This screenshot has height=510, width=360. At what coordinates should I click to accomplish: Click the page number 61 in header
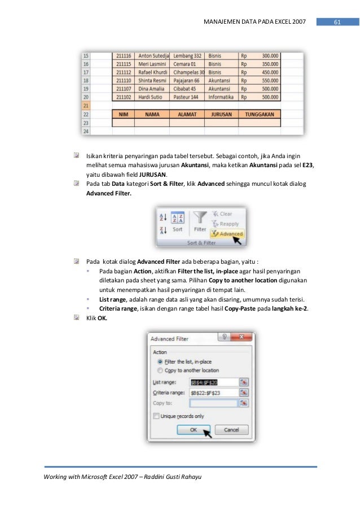(x=337, y=22)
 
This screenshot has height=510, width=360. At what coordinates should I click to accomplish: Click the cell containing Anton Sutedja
(x=154, y=56)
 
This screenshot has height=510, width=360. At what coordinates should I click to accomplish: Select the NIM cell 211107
(x=124, y=89)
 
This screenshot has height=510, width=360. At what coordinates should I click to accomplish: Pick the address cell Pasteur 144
(x=188, y=97)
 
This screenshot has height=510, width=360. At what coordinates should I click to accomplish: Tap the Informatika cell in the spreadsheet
(x=222, y=97)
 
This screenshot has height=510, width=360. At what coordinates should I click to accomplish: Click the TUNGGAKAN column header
(x=259, y=114)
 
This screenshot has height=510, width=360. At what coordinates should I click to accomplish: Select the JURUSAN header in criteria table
(x=222, y=114)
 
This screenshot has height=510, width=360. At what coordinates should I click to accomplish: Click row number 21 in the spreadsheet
(x=86, y=105)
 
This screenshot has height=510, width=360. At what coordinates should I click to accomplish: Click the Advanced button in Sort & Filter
(x=227, y=233)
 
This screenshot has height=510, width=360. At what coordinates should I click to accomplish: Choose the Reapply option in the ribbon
(x=225, y=224)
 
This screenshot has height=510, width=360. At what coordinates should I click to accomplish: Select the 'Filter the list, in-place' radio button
(x=161, y=361)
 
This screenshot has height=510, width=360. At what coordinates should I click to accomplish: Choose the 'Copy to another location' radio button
(x=161, y=370)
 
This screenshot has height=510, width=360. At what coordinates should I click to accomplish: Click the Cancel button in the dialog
(x=231, y=430)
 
